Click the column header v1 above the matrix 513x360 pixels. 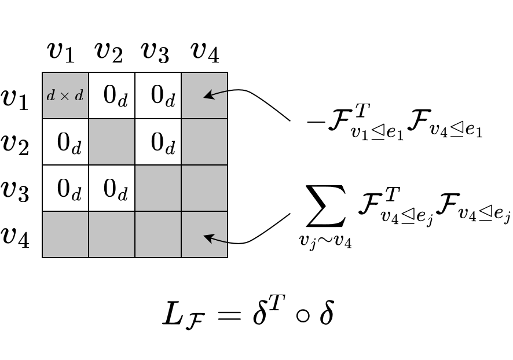61,53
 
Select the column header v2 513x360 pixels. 108,53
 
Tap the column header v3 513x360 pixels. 155,53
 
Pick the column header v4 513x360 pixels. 204,53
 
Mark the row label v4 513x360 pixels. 15,236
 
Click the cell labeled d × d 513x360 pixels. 65,95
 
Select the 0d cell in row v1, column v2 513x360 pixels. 112,95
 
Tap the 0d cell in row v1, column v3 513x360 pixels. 158,95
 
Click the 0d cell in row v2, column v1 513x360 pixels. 65,142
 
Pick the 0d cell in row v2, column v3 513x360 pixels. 158,142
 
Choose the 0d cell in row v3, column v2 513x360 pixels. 112,188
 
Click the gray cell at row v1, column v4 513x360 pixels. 204,95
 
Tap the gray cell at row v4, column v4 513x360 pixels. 204,234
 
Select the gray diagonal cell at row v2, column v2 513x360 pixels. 112,142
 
